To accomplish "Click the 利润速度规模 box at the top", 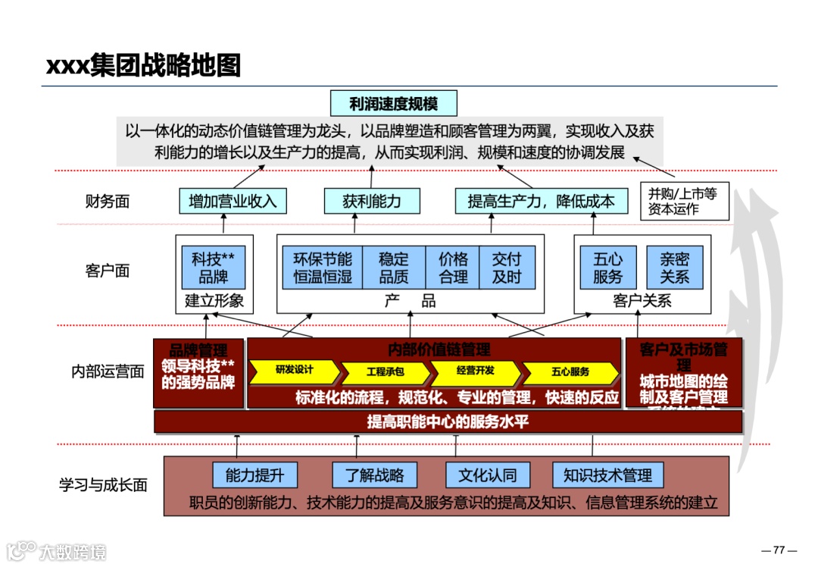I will coord(394,103).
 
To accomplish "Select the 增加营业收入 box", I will coord(227,201).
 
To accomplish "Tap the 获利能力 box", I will coord(372,201).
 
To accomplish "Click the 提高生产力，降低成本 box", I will coord(541,201).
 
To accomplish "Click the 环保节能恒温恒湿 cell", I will coord(323,268).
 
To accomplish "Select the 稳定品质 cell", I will coord(394,268).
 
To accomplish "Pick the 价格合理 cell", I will coord(453,268).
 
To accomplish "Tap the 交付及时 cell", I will coord(507,268).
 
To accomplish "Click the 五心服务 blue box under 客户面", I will coord(608,268).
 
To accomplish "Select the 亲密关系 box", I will coord(674,268).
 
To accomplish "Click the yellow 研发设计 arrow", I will coord(295,371).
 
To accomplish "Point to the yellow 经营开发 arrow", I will coord(476,371).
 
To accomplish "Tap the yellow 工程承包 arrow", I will coord(386,372).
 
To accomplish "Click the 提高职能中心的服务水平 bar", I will coord(448,421).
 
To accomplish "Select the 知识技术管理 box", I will coord(607,475).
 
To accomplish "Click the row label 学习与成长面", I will coord(103,485).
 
